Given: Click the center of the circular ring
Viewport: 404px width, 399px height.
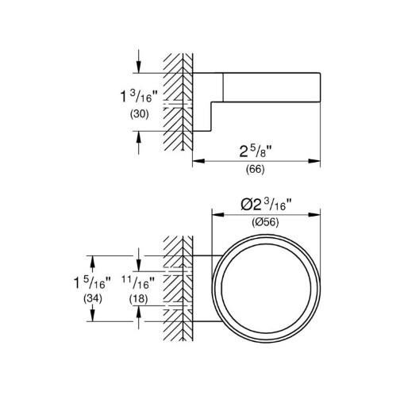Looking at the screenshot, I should (266, 287).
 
